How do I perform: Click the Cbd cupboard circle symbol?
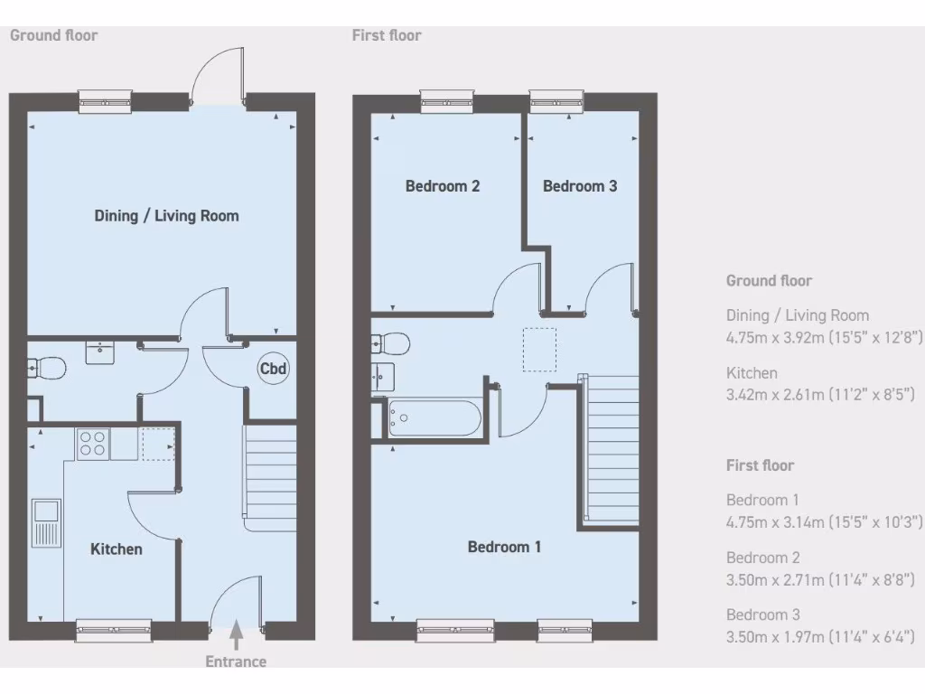273,369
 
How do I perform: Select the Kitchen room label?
117,549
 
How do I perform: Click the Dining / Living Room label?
166,216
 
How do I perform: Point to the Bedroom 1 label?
504,547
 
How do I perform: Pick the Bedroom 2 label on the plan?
442,186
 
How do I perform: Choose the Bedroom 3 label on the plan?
580,186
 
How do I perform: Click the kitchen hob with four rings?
92,443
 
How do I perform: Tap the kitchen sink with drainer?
45,522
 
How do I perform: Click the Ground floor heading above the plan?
53,35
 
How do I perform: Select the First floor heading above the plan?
387,35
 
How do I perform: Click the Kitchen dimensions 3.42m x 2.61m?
821,394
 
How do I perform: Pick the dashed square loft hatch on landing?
540,350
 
